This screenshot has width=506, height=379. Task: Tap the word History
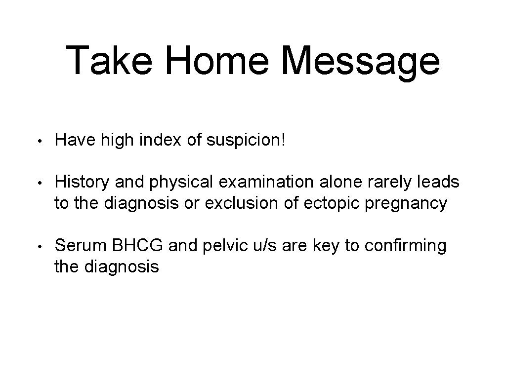tap(83, 183)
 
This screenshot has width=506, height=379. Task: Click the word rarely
tap(386, 183)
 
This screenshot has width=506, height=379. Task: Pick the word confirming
tap(406, 246)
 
